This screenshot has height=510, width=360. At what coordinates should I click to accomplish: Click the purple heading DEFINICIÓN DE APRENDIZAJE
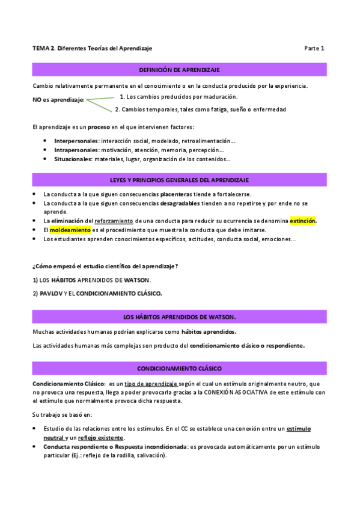(x=180, y=70)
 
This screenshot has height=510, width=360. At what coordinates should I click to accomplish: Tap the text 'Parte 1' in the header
(x=314, y=48)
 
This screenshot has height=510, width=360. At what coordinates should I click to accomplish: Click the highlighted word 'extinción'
(x=303, y=221)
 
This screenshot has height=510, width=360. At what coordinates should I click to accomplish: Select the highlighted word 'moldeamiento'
(x=70, y=230)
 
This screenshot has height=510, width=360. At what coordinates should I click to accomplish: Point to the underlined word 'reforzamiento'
(x=113, y=221)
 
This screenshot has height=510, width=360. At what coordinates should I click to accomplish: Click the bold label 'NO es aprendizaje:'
(x=58, y=100)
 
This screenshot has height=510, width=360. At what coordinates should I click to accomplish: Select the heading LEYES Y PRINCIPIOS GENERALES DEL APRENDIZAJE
(x=180, y=180)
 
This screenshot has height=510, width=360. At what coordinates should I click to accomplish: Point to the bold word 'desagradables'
(x=180, y=203)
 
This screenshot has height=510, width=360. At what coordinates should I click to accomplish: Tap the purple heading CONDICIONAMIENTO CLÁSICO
(x=180, y=367)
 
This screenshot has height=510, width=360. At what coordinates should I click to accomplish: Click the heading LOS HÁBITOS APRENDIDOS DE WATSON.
(x=180, y=316)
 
